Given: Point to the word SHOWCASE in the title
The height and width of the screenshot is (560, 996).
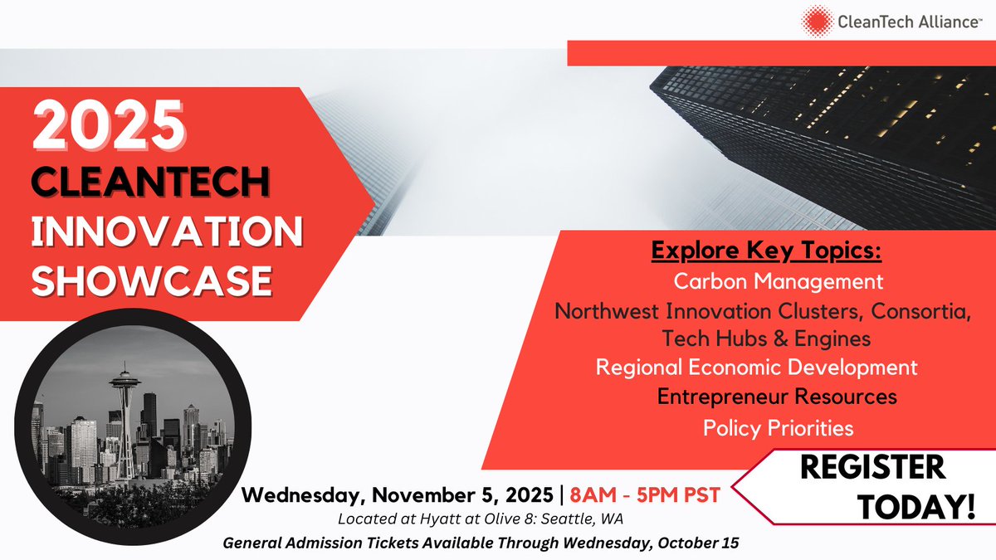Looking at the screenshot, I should (x=153, y=280).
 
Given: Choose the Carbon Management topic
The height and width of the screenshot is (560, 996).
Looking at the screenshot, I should (x=778, y=281).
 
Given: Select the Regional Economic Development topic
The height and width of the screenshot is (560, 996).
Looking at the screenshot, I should (x=757, y=367).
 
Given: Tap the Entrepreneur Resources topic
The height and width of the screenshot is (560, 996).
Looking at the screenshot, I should (x=777, y=397).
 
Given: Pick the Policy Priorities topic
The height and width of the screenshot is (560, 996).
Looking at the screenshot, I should (x=778, y=428).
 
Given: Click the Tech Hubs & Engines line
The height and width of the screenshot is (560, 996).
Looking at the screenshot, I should (x=766, y=338).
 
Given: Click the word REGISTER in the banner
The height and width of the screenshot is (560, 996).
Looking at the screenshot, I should (x=871, y=467).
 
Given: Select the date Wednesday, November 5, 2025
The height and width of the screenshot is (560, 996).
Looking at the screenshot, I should (x=397, y=495).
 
